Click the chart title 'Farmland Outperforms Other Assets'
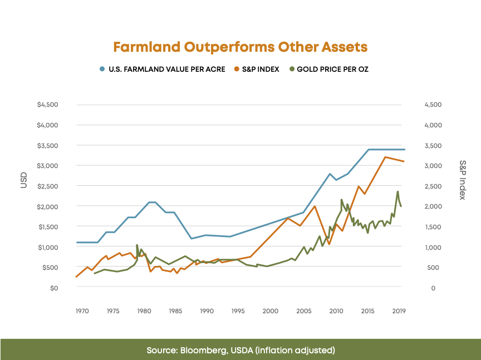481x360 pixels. [x=240, y=47]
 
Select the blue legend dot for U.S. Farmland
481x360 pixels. [x=102, y=70]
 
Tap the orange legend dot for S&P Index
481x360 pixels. [x=237, y=70]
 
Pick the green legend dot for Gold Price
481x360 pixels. [x=291, y=70]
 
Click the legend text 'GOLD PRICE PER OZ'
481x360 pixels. [x=332, y=70]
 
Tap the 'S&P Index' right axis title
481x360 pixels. [x=462, y=180]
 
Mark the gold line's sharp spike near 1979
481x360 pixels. [x=137, y=245]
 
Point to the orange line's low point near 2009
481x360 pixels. [x=329, y=244]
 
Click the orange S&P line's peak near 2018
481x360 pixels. [x=385, y=157]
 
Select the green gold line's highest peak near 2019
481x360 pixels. [x=397, y=191]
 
